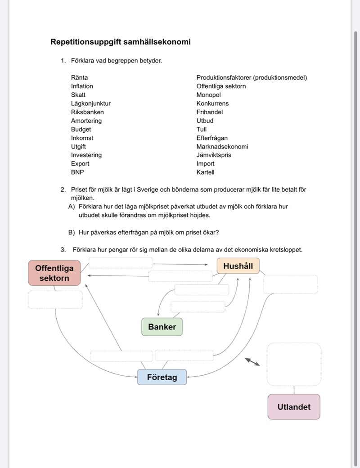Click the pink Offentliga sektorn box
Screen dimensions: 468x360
[54, 273]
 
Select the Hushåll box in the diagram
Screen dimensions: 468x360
[238, 266]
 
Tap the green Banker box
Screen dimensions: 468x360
[162, 327]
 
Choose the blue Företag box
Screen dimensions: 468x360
[162, 377]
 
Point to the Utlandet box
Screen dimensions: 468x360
[294, 407]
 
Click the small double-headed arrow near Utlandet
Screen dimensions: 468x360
[252, 361]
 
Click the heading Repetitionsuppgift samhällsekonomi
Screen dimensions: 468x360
[121, 42]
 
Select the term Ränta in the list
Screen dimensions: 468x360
[80, 77]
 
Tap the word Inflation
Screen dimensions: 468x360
[82, 86]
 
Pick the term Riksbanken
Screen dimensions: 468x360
[87, 112]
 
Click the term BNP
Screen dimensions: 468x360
[77, 172]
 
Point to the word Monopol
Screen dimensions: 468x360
[209, 95]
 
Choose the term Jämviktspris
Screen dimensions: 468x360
[214, 155]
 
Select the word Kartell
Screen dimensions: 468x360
[206, 172]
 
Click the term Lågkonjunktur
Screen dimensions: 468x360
[91, 103]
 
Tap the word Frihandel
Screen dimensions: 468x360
[210, 112]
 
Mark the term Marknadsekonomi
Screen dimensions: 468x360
[222, 147]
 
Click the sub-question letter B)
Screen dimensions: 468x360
[72, 233]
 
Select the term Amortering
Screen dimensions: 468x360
[86, 121]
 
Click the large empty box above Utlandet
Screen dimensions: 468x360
[294, 364]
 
